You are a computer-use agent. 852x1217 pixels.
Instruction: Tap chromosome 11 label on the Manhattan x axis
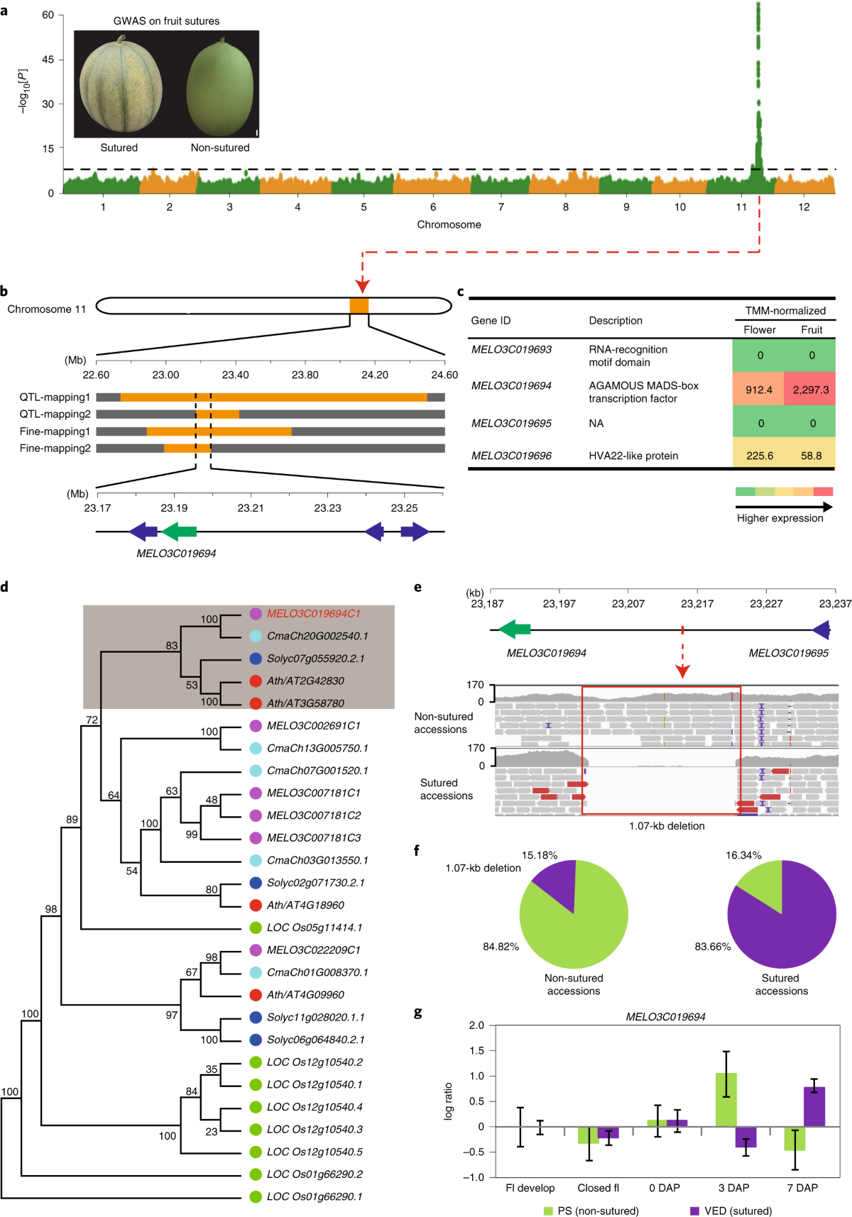pos(741,207)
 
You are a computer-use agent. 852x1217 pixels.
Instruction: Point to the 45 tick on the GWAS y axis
pos(48,60)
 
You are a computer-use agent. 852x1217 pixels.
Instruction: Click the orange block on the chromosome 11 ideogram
pos(359,306)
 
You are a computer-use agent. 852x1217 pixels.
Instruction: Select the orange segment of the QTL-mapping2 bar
pos(218,414)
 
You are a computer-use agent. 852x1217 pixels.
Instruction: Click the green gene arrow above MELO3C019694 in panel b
pos(179,532)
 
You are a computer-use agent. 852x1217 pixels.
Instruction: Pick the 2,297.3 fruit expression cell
pos(810,390)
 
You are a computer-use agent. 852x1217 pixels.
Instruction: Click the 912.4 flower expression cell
pos(759,390)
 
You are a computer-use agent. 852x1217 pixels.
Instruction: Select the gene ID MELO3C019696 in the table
pos(511,456)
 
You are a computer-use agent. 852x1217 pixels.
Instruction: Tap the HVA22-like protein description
pos(633,456)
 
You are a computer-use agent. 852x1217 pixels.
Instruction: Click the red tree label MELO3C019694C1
pos(314,614)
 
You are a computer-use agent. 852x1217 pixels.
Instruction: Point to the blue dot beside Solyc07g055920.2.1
pos(256,659)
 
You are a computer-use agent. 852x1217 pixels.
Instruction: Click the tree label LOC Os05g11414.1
pos(315,927)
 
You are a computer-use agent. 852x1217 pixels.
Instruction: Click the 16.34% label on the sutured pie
pos(743,855)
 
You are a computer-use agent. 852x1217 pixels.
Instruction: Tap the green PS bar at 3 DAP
pos(726,1100)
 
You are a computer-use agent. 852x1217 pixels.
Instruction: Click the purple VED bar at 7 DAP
pos(814,1107)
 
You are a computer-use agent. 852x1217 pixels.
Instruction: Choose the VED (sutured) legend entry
pos(731,1211)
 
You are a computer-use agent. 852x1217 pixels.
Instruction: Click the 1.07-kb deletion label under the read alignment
pos(667,826)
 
